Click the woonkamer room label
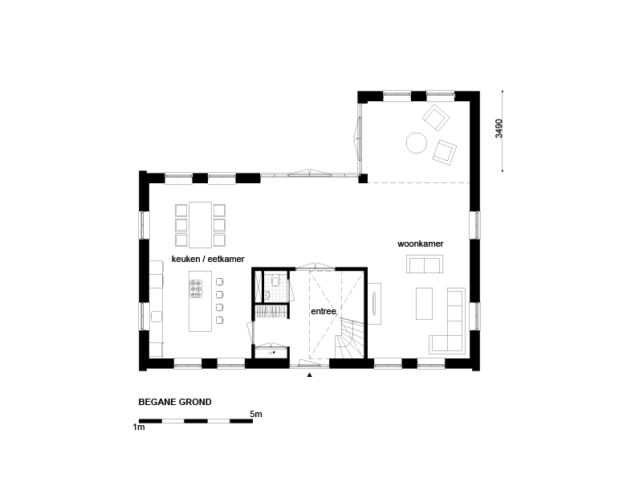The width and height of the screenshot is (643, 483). pyautogui.click(x=421, y=244)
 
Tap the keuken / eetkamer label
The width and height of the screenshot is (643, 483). pyautogui.click(x=208, y=259)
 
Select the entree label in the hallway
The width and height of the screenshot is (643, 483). pyautogui.click(x=324, y=311)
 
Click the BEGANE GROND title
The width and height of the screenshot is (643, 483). pyautogui.click(x=175, y=402)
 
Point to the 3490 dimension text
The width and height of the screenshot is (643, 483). pyautogui.click(x=499, y=129)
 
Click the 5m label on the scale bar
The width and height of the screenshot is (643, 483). pyautogui.click(x=256, y=414)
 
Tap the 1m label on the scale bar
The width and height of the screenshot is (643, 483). pyautogui.click(x=139, y=427)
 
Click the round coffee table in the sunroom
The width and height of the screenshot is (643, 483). pyautogui.click(x=417, y=143)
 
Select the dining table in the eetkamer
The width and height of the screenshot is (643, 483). pyautogui.click(x=200, y=225)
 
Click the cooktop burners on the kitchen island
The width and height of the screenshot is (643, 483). pyautogui.click(x=196, y=289)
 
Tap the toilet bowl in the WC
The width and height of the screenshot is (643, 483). pyautogui.click(x=275, y=280)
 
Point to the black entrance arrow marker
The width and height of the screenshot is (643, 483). pyautogui.click(x=310, y=375)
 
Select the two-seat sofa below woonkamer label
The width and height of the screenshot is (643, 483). pyautogui.click(x=425, y=264)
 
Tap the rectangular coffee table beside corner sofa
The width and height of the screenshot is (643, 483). pyautogui.click(x=424, y=304)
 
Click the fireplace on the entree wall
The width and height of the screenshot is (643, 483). pyautogui.click(x=374, y=304)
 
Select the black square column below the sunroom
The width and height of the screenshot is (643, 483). pyautogui.click(x=363, y=178)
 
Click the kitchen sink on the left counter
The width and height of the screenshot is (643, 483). pyautogui.click(x=157, y=317)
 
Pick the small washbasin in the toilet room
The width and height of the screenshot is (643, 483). pyautogui.click(x=267, y=294)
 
